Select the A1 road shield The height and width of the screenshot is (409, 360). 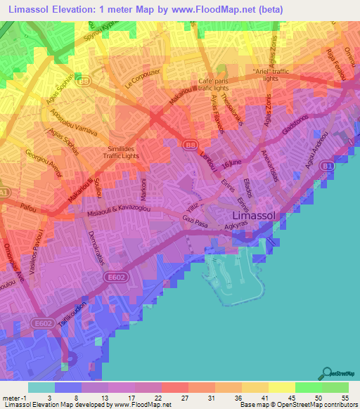point(4,191)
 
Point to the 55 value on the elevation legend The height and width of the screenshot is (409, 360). point(345,398)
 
